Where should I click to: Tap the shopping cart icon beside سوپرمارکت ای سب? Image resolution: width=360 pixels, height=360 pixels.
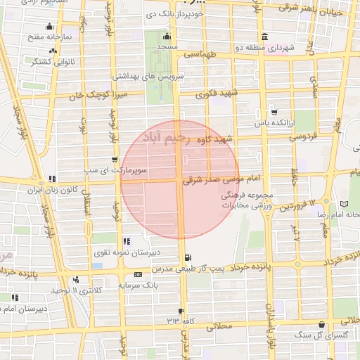[x=115, y=160]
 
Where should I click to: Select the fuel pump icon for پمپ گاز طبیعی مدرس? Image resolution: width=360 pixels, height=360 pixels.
[x=187, y=258]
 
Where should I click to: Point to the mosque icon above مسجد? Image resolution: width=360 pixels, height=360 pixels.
[x=167, y=37]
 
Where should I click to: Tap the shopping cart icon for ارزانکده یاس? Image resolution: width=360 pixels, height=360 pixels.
[x=274, y=111]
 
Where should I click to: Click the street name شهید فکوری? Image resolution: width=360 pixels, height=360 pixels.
[x=217, y=92]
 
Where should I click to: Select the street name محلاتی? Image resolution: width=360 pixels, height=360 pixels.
[x=216, y=326]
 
